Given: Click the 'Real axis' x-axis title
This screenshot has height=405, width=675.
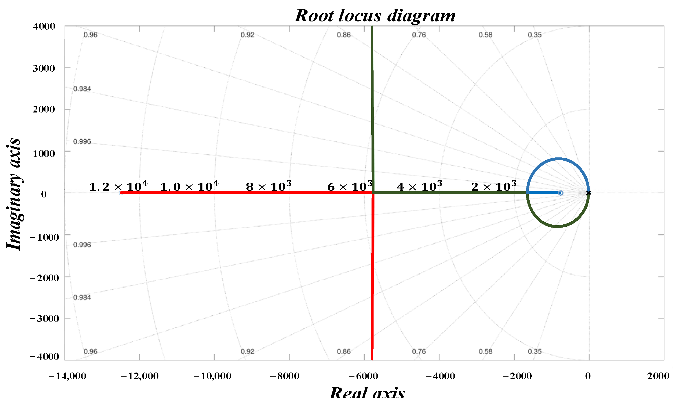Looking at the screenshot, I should [367, 394].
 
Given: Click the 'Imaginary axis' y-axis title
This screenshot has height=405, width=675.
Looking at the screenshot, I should [14, 194].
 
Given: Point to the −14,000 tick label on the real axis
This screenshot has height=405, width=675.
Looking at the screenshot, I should [67, 376].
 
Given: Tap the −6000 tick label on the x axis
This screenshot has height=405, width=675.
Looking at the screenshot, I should [363, 376].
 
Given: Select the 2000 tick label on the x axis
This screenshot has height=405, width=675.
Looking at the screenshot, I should [658, 376].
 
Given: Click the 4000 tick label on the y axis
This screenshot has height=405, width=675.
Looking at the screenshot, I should [44, 26].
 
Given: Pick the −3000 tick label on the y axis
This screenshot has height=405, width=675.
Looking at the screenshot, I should [44, 319].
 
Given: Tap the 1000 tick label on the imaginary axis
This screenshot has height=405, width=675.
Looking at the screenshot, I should [44, 153].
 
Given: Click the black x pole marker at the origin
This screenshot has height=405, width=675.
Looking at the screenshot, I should [588, 193].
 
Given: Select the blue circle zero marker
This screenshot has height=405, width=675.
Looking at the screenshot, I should [561, 193].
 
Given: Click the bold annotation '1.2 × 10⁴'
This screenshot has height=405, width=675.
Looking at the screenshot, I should [118, 186].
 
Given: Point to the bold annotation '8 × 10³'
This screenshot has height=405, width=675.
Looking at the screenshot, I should [268, 186].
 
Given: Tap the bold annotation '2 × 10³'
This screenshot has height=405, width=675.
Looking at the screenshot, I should [493, 186].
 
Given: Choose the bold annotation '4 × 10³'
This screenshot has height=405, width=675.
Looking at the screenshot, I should [419, 186].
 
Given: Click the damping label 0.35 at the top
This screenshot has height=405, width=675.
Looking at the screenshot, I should [535, 35].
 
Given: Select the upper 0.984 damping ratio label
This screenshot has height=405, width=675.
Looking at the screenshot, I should [82, 89].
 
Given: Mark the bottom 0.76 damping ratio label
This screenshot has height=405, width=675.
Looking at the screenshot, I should [419, 351].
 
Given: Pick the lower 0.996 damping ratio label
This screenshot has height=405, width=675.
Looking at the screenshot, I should [82, 245].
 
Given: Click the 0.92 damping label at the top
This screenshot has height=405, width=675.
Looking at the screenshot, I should [248, 35].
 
